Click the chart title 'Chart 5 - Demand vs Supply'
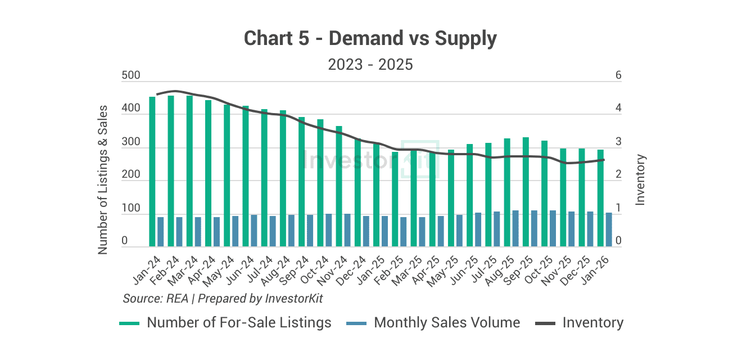coord(370,39)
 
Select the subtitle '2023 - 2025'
coord(370,65)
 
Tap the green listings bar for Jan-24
coord(152,172)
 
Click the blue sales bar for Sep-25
coord(534,228)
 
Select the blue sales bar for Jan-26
coord(609,229)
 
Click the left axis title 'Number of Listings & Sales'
coord(103,179)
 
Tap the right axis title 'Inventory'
coord(640,179)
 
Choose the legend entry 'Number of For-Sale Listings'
coord(239,323)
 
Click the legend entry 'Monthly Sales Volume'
coord(447,323)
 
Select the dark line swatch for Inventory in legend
coord(545,323)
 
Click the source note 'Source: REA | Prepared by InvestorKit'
coord(223,298)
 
